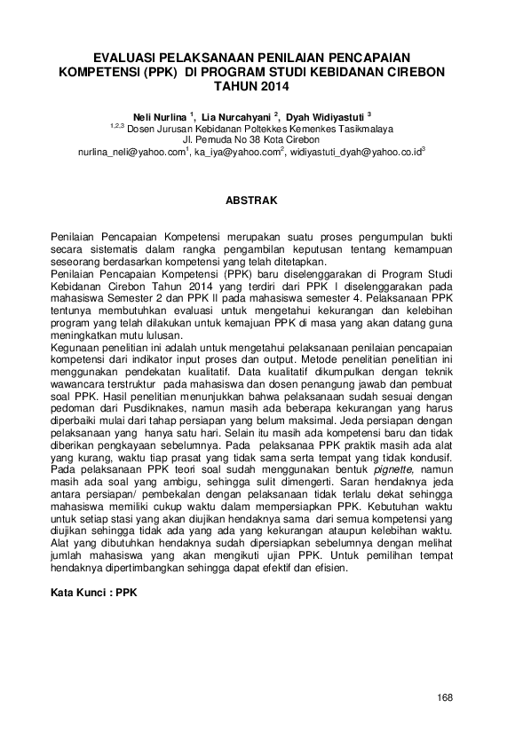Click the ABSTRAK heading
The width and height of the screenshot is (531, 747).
point(253,201)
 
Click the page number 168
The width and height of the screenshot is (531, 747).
point(445,697)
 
